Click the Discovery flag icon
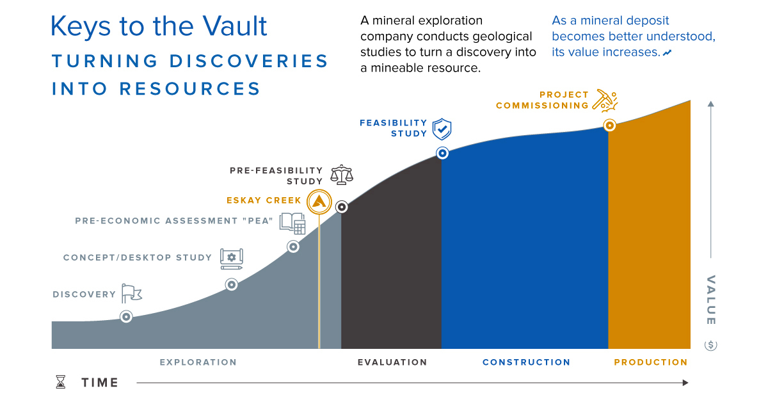tap(131, 293)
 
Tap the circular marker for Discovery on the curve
tap(126, 316)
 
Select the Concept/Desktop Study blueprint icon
tap(231, 257)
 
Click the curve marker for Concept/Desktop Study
tap(231, 285)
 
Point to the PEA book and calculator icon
tap(292, 223)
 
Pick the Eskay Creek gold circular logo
tap(319, 202)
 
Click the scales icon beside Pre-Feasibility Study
tap(342, 174)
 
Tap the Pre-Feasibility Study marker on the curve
tap(342, 207)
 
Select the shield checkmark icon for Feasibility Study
tap(442, 129)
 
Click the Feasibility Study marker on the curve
tap(442, 153)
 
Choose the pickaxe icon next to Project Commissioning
tap(604, 100)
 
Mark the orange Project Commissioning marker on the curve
tap(610, 125)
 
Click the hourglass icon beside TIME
tap(60, 382)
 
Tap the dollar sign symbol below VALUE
tap(710, 345)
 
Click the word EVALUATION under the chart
tap(392, 362)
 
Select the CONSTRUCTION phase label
tap(526, 362)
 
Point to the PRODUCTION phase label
tap(650, 362)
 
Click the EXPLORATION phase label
tap(198, 362)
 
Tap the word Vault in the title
tap(231, 27)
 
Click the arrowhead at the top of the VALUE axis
tap(710, 104)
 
